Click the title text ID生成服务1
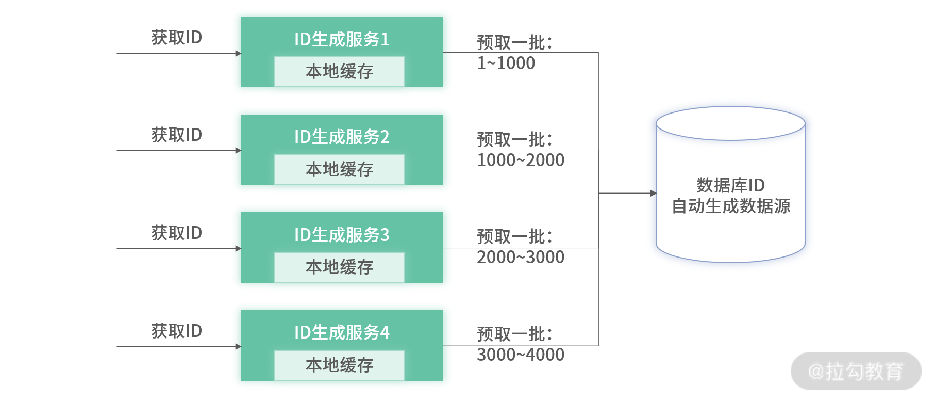341,39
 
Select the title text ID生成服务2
341,137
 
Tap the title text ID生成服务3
341,235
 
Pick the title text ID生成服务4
341,332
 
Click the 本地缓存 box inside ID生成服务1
340,72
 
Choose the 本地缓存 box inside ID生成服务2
340,170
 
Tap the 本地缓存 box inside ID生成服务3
340,267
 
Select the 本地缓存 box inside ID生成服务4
340,365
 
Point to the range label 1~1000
506,63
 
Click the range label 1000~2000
521,160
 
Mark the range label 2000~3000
521,257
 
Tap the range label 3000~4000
521,355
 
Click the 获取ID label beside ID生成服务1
176,37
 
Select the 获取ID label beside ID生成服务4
176,331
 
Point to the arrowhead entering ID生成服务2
238,151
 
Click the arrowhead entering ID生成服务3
238,249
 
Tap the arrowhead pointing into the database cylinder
653,194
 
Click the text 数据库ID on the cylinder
730,185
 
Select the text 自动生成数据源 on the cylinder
731,206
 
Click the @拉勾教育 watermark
856,372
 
